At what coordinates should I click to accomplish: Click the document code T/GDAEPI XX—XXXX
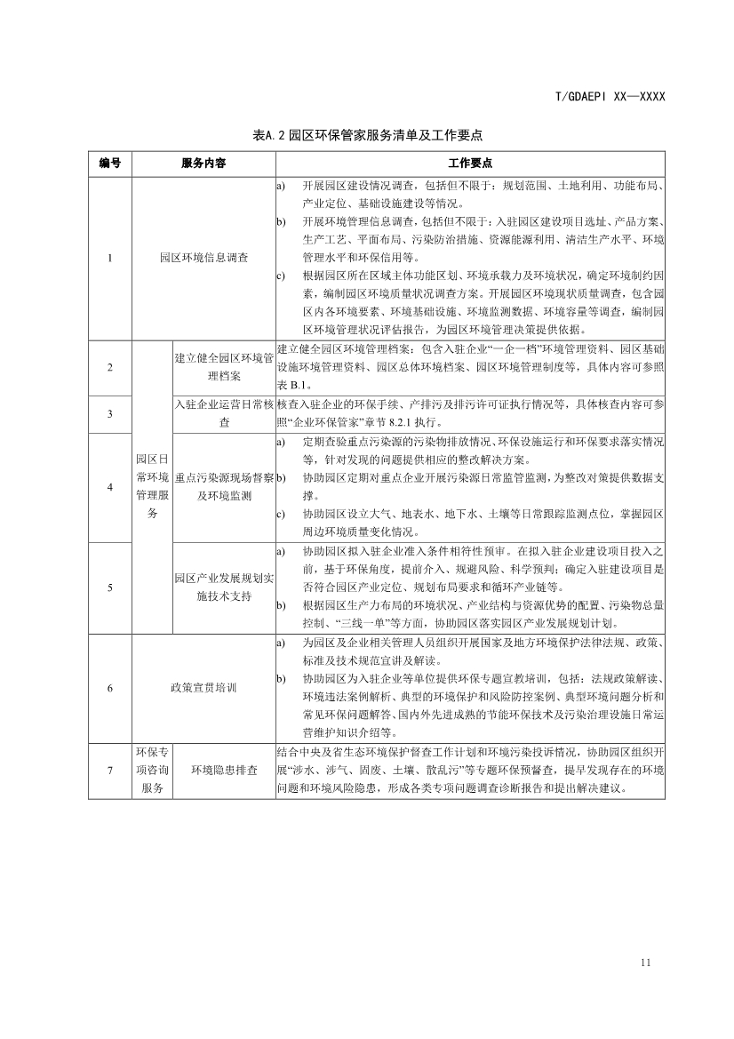(610, 97)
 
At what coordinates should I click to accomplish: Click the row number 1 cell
(110, 258)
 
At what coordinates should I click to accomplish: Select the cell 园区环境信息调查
(203, 258)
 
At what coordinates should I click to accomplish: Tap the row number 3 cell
(110, 414)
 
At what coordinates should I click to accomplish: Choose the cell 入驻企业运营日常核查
(224, 414)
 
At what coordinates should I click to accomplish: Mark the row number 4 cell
(110, 487)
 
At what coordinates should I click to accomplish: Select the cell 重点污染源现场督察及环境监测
(224, 487)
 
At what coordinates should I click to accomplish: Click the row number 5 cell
(110, 587)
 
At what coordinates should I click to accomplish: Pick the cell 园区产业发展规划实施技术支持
(224, 587)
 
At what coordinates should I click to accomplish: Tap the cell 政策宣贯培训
(203, 688)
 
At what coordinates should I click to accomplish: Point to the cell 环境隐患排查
(224, 770)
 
